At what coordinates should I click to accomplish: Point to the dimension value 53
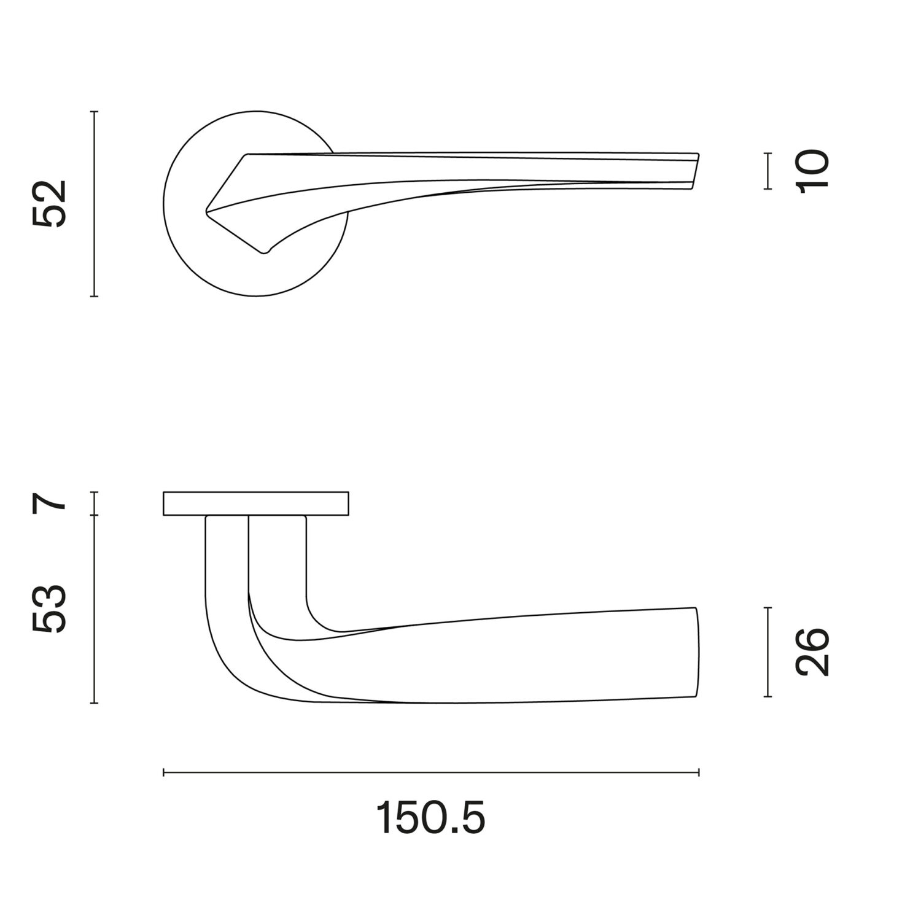pos(50,608)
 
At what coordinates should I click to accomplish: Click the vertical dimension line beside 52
pos(94,204)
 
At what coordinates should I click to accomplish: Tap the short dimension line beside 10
pos(767,171)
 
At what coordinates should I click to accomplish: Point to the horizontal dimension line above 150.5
pos(431,772)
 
